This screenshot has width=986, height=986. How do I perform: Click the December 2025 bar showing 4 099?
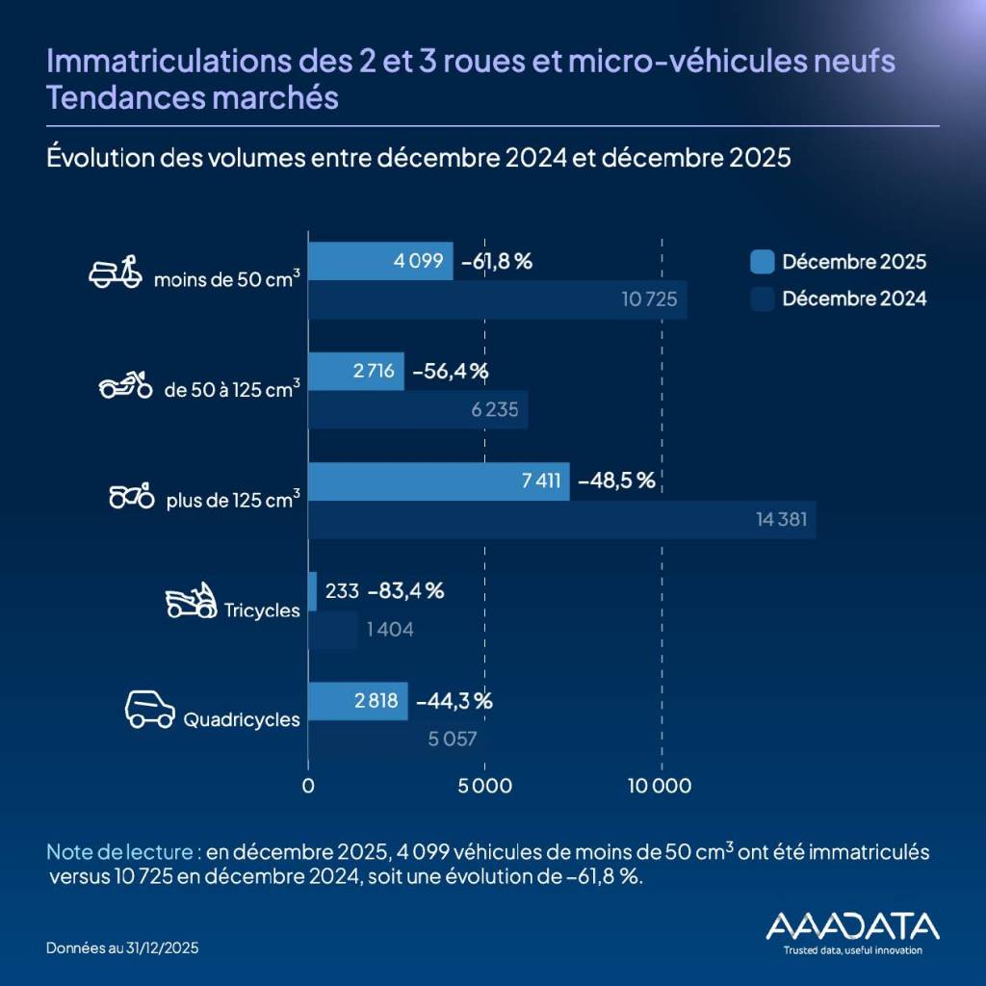point(380,261)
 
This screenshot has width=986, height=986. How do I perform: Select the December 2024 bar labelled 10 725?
point(497,299)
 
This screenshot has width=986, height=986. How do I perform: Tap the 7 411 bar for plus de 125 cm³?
point(438,480)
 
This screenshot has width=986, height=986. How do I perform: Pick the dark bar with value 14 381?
point(561,520)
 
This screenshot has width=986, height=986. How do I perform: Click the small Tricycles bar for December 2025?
point(312,591)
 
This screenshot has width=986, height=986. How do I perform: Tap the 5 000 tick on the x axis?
point(484,786)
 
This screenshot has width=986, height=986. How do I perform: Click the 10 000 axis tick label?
point(662,786)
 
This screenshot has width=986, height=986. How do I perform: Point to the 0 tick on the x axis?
point(308,786)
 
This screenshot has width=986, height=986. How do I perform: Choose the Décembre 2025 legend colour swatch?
point(762,261)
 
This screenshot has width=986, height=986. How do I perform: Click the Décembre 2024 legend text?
point(854,298)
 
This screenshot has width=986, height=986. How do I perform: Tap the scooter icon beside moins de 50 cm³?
point(115,272)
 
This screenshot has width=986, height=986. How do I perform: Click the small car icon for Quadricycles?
point(150,710)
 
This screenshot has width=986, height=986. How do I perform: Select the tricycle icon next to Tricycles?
point(191,601)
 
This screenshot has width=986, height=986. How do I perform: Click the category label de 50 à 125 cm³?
point(232,389)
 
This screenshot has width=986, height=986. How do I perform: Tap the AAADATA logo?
point(851,928)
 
